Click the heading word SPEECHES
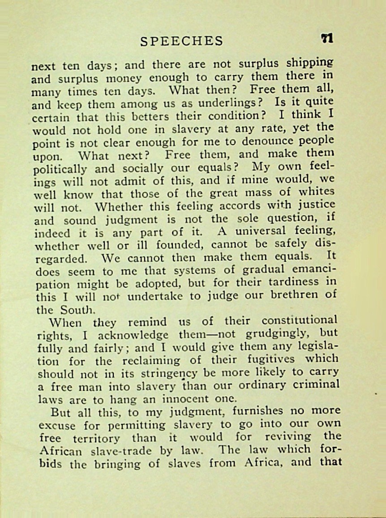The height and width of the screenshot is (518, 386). pos(181,41)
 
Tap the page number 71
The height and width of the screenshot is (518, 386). pos(327,39)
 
